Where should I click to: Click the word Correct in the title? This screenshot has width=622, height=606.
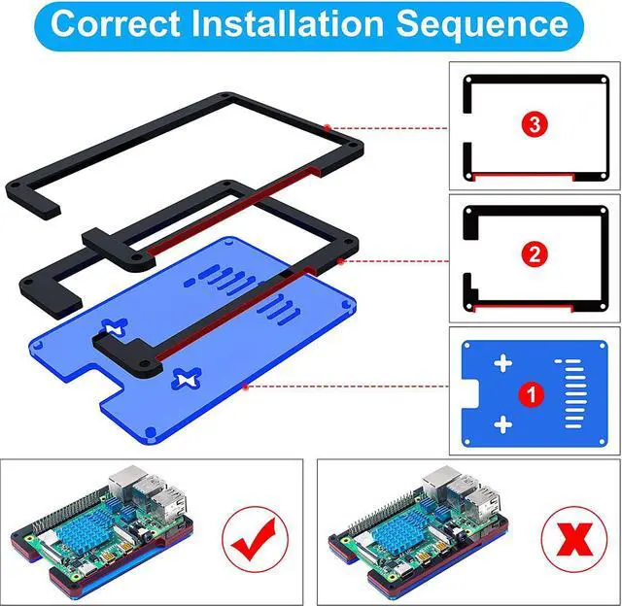116,23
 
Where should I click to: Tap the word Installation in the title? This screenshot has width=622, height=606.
288,23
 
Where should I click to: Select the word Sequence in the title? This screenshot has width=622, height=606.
482,24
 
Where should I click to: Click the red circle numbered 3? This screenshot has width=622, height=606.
535,124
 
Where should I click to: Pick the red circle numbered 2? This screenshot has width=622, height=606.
535,253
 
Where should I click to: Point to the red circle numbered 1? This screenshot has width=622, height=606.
532,394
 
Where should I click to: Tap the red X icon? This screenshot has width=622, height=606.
574,539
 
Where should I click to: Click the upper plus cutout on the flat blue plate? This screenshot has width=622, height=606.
503,363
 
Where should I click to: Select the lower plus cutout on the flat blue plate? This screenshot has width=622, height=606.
503,424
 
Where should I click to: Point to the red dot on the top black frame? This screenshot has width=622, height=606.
327,127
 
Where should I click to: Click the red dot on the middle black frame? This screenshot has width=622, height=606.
340,261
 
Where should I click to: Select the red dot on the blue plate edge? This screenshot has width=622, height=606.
245,386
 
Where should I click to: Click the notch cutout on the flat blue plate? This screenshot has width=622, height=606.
470,393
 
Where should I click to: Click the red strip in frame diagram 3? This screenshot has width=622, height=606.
524,176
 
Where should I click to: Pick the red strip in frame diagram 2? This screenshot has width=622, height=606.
524,308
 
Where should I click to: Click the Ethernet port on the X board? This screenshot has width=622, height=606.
438,483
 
